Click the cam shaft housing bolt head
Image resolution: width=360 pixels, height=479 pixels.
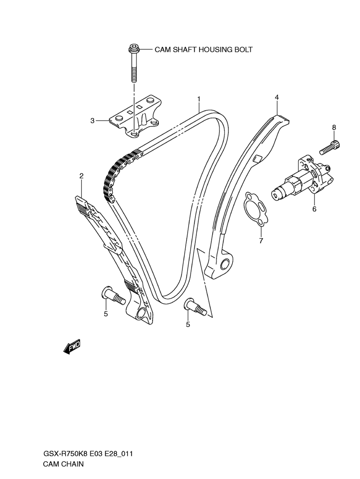point(133,48)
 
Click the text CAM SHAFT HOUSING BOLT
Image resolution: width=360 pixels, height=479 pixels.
point(204,49)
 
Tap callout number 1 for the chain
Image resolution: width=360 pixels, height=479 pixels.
point(199,99)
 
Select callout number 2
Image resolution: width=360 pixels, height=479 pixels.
point(82,176)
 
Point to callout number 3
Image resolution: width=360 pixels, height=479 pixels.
point(92,121)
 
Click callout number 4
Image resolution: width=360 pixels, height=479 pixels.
point(276,97)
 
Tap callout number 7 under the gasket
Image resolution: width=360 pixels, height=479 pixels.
point(261,241)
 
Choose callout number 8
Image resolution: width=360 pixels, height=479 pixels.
point(334,127)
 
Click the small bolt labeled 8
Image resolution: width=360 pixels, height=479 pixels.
point(330,147)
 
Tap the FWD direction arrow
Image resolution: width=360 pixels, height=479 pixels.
point(72,347)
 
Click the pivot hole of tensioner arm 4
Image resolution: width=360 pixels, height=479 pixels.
point(225,263)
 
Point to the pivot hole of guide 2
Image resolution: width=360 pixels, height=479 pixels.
point(141,313)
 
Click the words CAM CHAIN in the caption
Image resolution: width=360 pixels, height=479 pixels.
point(63,464)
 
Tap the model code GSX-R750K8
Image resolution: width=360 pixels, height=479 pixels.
point(64,454)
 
